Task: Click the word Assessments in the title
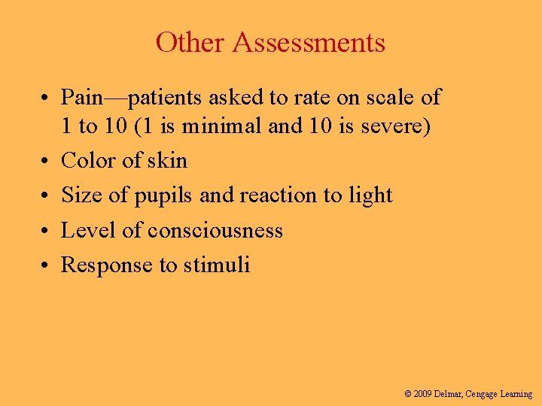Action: click(x=309, y=42)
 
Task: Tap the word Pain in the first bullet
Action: click(x=81, y=97)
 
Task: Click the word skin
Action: click(x=166, y=160)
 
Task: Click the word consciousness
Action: click(x=215, y=230)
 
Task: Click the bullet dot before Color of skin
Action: click(x=47, y=161)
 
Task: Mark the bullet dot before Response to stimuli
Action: click(x=47, y=265)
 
